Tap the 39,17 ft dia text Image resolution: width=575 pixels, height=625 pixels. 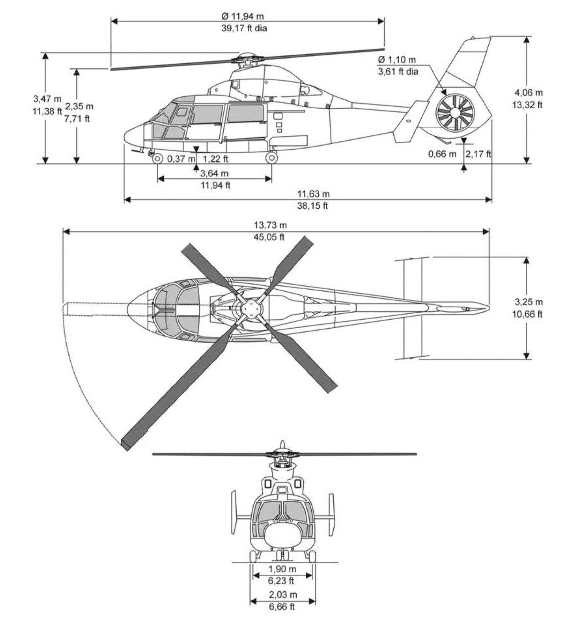244,28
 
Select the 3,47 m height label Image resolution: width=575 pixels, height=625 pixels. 47,99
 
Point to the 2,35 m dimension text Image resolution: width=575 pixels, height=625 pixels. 79,106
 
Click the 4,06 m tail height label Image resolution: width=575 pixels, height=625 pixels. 529,92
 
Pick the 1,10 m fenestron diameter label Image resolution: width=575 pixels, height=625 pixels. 397,60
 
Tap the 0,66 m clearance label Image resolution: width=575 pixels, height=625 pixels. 442,154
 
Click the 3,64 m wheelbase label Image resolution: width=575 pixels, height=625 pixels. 214,173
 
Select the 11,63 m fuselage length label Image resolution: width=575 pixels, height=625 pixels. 313,194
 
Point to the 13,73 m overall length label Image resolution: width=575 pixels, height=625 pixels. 270,225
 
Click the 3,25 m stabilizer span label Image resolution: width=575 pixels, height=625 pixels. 529,302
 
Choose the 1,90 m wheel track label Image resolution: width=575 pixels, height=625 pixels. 282,569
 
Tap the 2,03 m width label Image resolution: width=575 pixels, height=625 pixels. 282,595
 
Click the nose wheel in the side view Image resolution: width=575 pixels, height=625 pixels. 157,159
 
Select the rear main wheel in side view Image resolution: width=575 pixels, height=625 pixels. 271,158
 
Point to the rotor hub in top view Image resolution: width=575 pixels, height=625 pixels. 252,309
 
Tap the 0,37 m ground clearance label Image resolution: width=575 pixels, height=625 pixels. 181,159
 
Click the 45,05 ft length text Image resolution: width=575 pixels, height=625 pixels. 269,237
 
